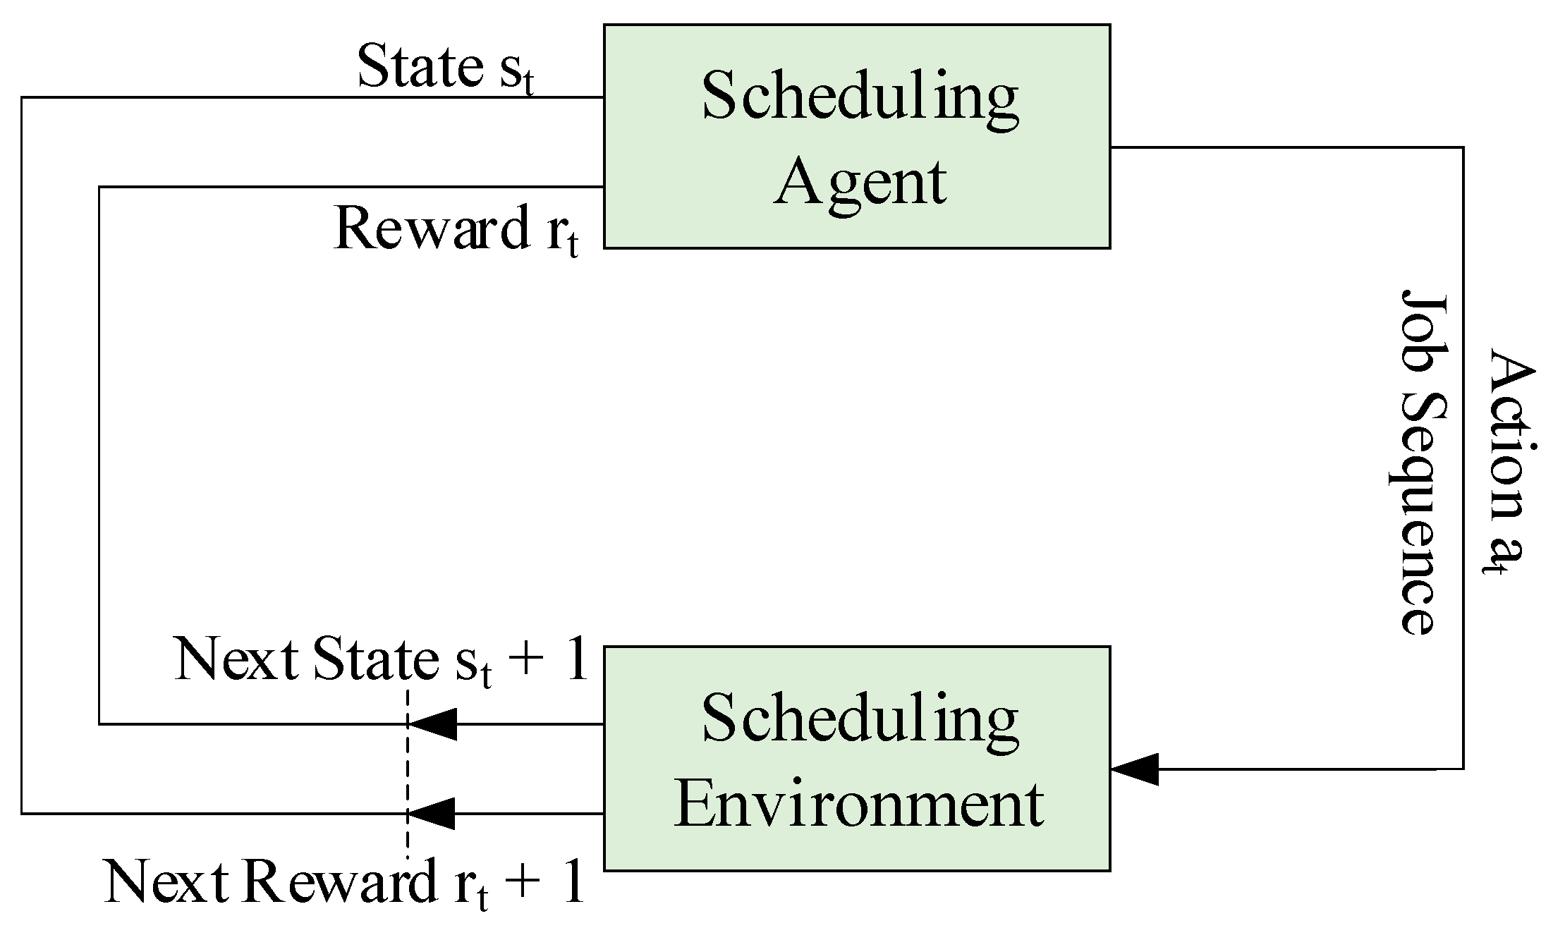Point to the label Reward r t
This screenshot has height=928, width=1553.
click(455, 230)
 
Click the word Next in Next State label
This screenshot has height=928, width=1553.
click(236, 659)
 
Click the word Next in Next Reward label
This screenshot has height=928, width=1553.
click(166, 882)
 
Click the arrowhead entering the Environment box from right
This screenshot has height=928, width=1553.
click(1134, 769)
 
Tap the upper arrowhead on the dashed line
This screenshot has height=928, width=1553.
click(432, 724)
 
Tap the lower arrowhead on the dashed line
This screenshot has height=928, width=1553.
click(432, 813)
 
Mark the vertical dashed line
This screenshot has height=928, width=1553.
click(407, 769)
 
